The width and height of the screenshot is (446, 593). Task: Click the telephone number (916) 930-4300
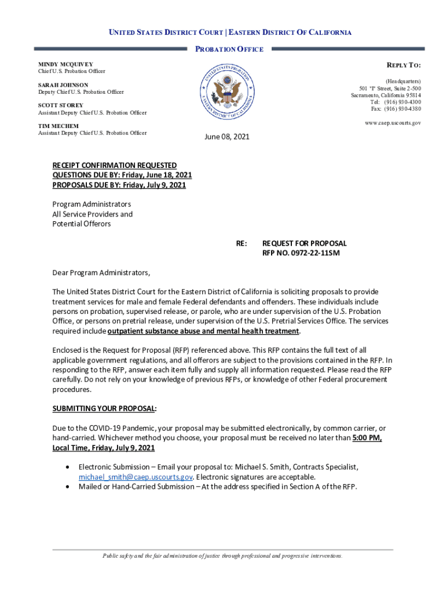[400, 102]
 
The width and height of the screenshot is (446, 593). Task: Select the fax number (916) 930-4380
[400, 109]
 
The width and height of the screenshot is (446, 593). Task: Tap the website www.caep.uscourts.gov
[393, 123]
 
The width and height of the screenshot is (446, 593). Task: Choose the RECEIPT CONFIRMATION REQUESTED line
[115, 165]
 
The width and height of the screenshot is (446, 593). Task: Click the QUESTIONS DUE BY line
[122, 175]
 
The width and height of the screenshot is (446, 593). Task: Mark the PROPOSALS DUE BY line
[119, 185]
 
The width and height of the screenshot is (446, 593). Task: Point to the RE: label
[242, 243]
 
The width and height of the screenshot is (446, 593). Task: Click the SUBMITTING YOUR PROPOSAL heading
[104, 408]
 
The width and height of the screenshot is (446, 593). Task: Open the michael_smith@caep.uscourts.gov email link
[136, 477]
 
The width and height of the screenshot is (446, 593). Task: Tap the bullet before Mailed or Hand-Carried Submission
[70, 486]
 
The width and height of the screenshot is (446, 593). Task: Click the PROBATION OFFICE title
[229, 49]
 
